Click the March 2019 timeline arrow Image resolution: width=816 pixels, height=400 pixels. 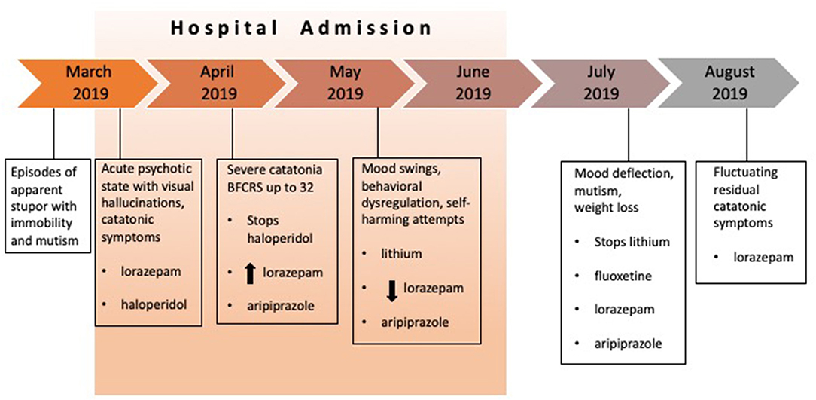coord(86,84)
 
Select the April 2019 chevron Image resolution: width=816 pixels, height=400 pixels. coord(216,84)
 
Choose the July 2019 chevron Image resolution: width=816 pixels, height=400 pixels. coord(601,84)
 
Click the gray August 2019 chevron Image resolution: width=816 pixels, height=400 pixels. coord(729,84)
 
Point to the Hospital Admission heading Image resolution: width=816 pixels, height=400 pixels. coord(301,28)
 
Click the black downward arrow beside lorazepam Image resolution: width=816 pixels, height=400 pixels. coord(392,290)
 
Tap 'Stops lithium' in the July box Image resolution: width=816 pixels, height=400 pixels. coord(625,243)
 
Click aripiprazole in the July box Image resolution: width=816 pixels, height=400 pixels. coord(621,343)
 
